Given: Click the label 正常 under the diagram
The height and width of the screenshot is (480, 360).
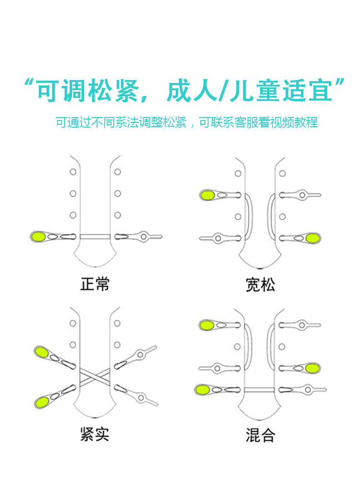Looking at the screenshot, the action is (x=95, y=284).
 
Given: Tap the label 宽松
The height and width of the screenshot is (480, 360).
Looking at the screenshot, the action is (x=260, y=285).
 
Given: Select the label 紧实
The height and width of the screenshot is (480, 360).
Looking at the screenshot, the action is (x=95, y=434).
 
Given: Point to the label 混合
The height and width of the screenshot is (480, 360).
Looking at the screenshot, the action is (x=260, y=435).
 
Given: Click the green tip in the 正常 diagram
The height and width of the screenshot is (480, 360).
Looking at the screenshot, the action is (x=38, y=236).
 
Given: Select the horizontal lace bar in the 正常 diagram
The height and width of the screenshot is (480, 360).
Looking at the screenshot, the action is (x=95, y=236).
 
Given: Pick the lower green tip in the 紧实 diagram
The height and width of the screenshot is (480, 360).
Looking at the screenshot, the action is (x=42, y=401).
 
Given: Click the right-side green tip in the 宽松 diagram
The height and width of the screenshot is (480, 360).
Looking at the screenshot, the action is (x=312, y=238).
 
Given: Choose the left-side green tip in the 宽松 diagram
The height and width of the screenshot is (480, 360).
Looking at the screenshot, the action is (x=208, y=195).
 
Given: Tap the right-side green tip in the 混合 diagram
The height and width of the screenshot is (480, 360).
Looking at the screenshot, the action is (x=312, y=368).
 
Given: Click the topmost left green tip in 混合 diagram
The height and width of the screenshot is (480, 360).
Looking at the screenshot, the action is (x=207, y=325).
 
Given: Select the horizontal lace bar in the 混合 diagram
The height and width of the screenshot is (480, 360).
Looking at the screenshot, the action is (x=259, y=388).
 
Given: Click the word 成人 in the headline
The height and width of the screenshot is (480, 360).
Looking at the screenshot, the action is (x=191, y=90).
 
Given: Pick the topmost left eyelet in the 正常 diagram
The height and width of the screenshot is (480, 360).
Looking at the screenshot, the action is (x=73, y=172).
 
